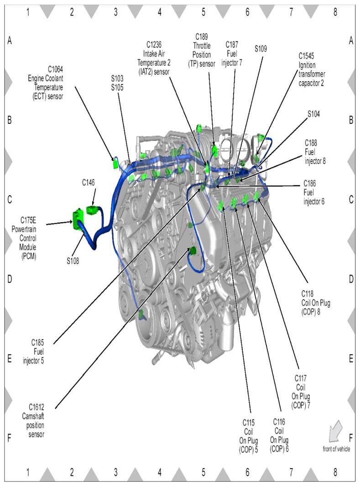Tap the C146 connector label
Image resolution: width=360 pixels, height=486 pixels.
89,183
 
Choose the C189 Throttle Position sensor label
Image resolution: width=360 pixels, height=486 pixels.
202,50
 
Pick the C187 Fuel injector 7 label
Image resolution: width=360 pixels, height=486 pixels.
232,53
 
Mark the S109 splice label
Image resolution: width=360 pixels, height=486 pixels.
261,48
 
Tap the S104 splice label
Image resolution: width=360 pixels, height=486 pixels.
313,114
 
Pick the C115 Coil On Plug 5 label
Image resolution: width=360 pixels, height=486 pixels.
249,436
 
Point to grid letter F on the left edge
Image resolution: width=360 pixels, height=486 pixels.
9,438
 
